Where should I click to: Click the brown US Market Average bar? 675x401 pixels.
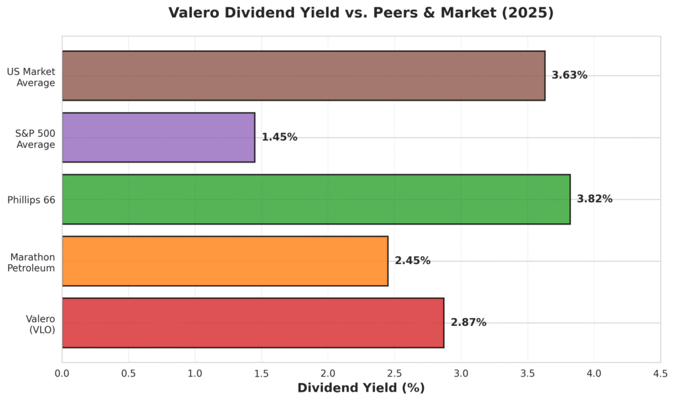point(303,76)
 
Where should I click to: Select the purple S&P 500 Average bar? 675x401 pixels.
point(158,137)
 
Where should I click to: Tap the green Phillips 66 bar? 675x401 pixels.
point(316,199)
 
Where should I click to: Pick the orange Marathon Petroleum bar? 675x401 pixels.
point(225,261)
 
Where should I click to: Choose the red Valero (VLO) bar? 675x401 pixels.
point(252,323)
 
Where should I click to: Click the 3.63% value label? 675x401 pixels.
point(570,75)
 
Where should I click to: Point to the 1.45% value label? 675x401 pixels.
point(279,137)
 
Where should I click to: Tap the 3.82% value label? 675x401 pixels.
point(595,199)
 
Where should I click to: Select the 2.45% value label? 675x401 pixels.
point(413,261)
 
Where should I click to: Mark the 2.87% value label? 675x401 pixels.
point(469,323)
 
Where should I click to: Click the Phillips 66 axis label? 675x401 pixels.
point(32,199)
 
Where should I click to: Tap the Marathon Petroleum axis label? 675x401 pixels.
point(36,261)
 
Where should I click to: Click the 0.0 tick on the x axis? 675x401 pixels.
point(62,373)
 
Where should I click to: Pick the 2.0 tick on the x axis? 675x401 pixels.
point(328,373)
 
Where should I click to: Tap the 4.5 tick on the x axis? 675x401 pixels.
point(660,373)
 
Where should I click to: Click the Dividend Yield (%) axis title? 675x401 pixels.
point(361,388)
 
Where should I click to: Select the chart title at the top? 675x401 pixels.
point(361,13)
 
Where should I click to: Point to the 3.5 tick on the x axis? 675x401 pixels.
point(527,373)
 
